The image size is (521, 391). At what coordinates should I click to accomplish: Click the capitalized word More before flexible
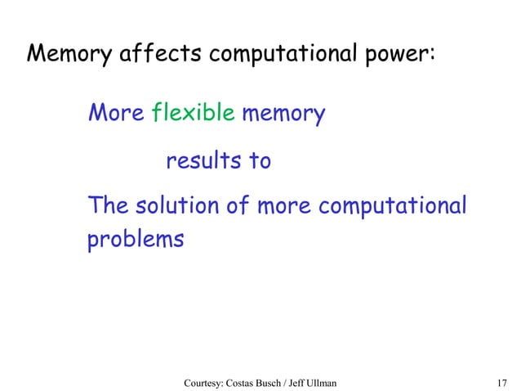pos(116,114)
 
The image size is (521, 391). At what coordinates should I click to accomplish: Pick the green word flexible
pos(193,114)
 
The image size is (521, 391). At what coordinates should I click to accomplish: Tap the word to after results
pos(260,161)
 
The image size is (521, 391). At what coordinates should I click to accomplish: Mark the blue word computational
pos(392,206)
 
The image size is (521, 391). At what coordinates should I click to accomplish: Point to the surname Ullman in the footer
pos(359,382)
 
